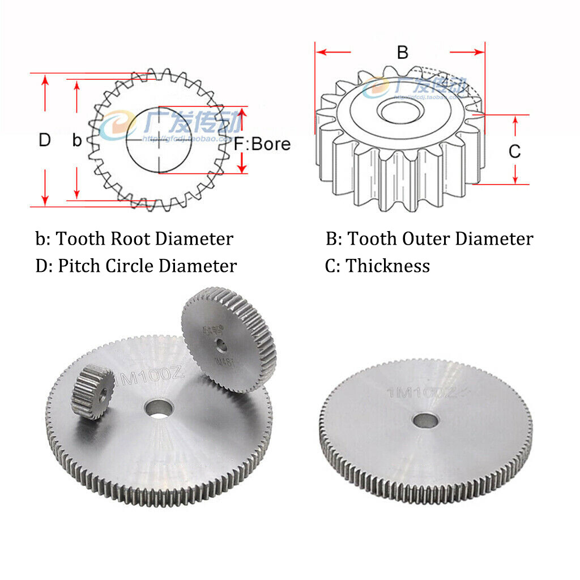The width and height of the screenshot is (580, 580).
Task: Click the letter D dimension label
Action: tap(45, 140)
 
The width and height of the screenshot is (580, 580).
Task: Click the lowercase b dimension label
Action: tap(77, 140)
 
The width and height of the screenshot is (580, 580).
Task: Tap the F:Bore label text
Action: tap(262, 144)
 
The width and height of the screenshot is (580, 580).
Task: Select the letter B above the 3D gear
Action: tap(402, 53)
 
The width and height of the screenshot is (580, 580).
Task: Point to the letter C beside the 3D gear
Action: tap(514, 151)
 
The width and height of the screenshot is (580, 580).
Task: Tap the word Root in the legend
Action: tap(130, 239)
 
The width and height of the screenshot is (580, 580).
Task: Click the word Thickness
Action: tap(388, 266)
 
